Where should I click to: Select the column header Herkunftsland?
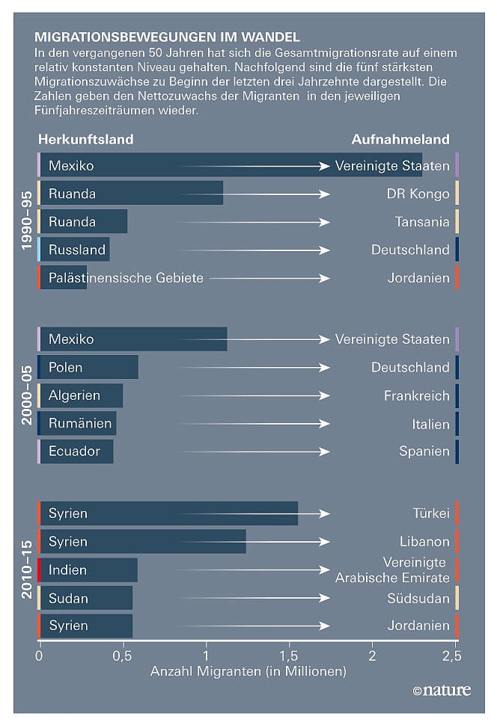pyautogui.click(x=85, y=140)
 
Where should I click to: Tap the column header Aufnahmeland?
pyautogui.click(x=400, y=140)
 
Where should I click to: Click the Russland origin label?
pyautogui.click(x=77, y=250)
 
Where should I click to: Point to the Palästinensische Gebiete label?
pyautogui.click(x=126, y=278)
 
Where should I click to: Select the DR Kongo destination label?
pyautogui.click(x=418, y=194)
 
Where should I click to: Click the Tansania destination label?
pyautogui.click(x=422, y=222)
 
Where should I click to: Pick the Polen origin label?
pyautogui.click(x=66, y=368)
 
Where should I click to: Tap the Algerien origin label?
pyautogui.click(x=74, y=395)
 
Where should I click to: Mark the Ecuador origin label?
pyautogui.click(x=74, y=451)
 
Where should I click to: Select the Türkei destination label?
pyautogui.click(x=430, y=513)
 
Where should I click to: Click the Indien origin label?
pyautogui.click(x=67, y=570)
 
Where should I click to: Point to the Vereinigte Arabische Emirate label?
pyautogui.click(x=392, y=570)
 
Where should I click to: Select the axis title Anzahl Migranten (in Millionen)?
pyautogui.click(x=248, y=671)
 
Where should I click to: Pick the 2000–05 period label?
pyautogui.click(x=27, y=395)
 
